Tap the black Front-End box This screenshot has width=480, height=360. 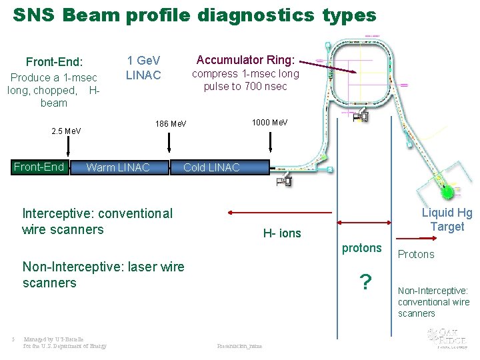coord(39,167)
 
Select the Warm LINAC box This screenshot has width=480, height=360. coord(118,167)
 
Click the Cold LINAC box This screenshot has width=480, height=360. coord(211,167)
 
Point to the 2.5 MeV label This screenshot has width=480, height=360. coord(66,131)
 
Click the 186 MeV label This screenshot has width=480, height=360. coord(171,124)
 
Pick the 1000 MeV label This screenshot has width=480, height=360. coord(269,123)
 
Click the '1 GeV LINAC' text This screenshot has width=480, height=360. coord(143,68)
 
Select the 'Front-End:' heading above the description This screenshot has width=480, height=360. coord(54,62)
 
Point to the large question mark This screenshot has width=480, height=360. coord(365,283)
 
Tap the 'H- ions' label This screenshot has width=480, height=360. coord(282,233)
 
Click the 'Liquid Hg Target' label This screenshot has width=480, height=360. coord(447,220)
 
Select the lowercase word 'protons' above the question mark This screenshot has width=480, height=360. coord(362,248)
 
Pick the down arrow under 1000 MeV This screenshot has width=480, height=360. coord(270,142)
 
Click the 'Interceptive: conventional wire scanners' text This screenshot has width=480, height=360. coord(97,221)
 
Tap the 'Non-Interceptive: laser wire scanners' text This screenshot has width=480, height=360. coord(103,275)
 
